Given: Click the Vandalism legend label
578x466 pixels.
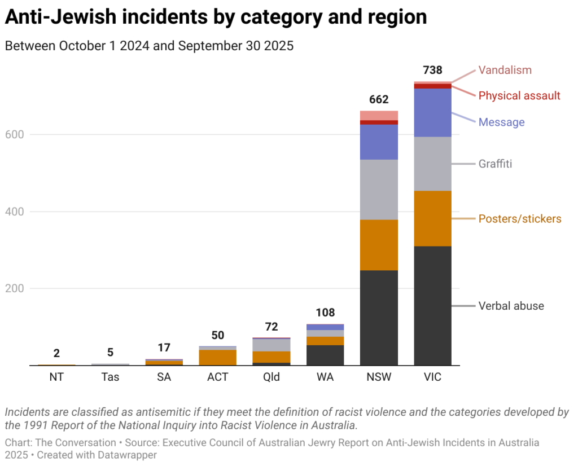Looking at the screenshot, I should (505, 71).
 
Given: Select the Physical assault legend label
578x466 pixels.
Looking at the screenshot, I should (519, 96).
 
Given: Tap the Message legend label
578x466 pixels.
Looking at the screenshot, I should (501, 122).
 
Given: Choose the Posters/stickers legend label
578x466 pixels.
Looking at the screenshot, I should (520, 219).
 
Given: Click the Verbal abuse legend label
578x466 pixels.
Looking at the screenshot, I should (511, 306).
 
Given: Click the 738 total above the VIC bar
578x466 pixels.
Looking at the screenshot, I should (432, 71).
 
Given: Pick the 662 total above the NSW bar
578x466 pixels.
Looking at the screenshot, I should (379, 100).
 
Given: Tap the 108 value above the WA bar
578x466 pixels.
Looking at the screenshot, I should (325, 313).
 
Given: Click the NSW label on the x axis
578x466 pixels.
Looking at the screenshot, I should (379, 377).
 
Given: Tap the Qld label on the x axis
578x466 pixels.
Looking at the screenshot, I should (272, 377).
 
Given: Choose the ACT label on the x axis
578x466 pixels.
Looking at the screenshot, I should (217, 377).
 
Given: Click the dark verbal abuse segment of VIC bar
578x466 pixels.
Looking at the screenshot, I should (432, 305).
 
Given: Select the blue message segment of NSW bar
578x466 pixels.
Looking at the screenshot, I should (379, 142).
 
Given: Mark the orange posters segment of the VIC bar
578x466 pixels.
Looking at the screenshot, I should (432, 223).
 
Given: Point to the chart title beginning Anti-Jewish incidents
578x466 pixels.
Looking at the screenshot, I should (216, 17).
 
